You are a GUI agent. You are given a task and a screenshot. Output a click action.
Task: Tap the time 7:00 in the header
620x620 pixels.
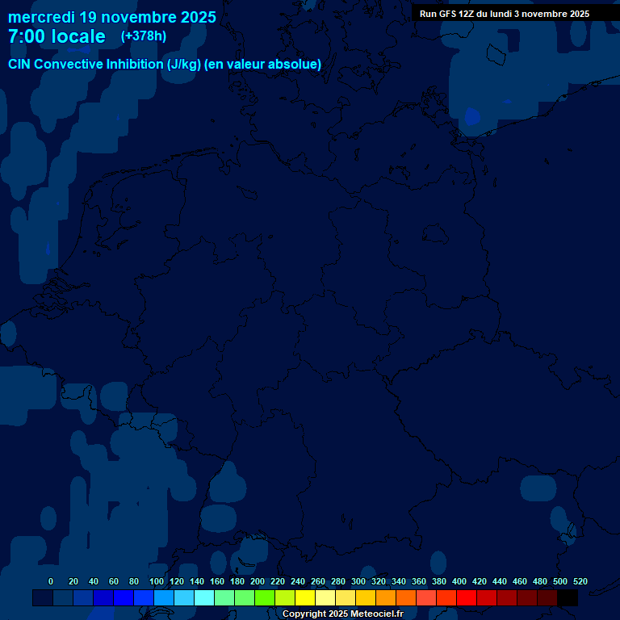(31, 36)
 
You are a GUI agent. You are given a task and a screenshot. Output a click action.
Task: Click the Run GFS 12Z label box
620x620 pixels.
(504, 14)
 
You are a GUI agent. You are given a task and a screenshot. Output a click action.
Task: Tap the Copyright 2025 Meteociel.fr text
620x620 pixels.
(342, 614)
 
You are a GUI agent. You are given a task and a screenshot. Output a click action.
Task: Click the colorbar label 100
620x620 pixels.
(156, 582)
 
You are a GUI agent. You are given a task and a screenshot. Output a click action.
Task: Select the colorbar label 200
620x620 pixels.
(258, 582)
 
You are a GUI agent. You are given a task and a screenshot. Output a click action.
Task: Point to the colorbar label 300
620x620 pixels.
(358, 582)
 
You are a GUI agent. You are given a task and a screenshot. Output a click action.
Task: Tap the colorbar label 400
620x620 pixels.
(459, 582)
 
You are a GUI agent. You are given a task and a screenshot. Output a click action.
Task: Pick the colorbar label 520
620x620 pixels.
(580, 582)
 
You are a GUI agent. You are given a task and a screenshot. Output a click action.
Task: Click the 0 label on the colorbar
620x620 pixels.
(51, 582)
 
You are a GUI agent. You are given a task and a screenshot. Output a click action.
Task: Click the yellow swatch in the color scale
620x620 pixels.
(305, 598)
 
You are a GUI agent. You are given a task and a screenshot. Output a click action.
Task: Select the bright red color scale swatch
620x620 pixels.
(467, 598)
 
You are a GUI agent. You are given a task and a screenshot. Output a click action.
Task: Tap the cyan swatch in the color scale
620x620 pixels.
(204, 598)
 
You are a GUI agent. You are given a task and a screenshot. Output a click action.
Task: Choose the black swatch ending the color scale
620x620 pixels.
(568, 598)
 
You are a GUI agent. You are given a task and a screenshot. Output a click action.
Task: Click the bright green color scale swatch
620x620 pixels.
(265, 598)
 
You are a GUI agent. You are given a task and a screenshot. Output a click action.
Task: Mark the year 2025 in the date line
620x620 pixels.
(197, 17)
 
